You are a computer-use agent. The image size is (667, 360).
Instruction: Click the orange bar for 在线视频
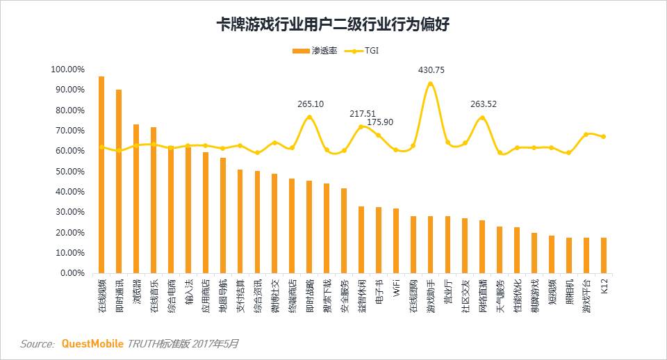[101, 174]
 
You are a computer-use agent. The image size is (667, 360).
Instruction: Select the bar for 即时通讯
[119, 181]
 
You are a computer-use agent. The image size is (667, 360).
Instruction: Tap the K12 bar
[604, 255]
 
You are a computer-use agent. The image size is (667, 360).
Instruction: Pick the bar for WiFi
[396, 240]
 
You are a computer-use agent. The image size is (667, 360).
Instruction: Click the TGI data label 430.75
[431, 70]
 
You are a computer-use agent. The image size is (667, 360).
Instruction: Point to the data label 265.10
[311, 104]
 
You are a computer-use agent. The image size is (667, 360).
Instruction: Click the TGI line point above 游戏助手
[431, 83]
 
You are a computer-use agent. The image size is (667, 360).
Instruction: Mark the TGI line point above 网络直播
[482, 118]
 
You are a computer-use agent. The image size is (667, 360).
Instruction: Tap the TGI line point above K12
[604, 136]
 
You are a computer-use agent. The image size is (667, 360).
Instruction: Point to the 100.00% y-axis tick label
[67, 69]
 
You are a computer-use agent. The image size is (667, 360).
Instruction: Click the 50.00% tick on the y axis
[69, 171]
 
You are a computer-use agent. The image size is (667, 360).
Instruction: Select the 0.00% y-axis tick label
[72, 273]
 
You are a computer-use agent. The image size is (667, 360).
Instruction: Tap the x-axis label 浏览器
[136, 293]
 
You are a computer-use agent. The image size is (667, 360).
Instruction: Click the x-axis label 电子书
[379, 293]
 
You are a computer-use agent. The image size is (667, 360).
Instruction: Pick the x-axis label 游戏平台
[586, 295]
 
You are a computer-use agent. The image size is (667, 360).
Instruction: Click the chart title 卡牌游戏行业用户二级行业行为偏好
[333, 25]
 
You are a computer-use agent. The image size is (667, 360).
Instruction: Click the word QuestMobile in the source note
[92, 344]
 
